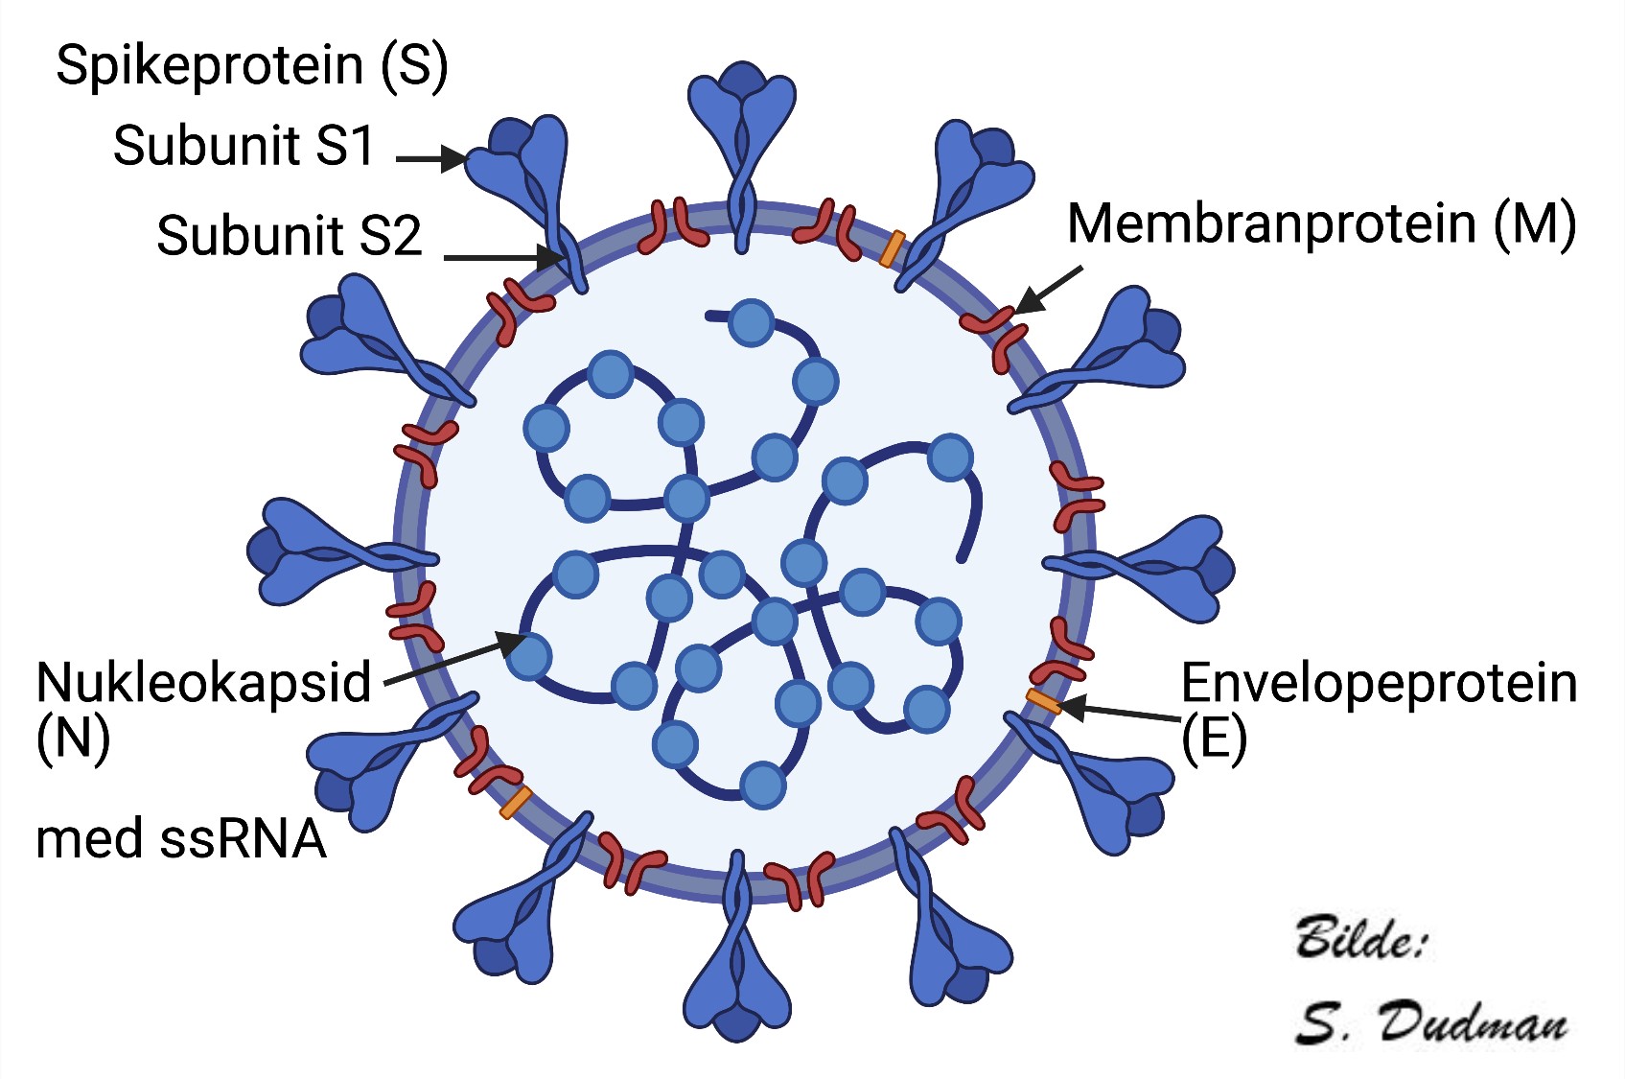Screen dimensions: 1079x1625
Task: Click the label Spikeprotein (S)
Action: click(x=251, y=65)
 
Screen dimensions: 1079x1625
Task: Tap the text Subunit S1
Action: click(x=244, y=146)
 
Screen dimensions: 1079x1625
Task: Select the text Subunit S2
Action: click(x=289, y=235)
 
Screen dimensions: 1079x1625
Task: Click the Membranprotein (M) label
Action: click(x=1320, y=223)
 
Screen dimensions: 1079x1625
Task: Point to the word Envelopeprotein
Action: click(x=1379, y=683)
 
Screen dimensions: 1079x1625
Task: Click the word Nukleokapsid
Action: click(x=203, y=683)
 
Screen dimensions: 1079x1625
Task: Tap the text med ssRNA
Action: click(x=180, y=838)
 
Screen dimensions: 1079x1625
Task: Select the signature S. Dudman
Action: click(x=1430, y=1022)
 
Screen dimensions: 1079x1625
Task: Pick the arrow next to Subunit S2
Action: click(x=503, y=257)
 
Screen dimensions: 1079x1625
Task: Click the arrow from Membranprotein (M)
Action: click(x=1049, y=289)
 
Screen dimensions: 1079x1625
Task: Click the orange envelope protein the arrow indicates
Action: click(x=1043, y=701)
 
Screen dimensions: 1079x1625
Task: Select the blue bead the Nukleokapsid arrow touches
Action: click(x=528, y=656)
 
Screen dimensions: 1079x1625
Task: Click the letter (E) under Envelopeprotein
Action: click(x=1213, y=739)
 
